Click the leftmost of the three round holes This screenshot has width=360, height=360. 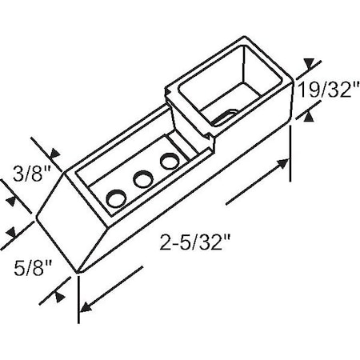(116, 197)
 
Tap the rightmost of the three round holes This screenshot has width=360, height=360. (169, 162)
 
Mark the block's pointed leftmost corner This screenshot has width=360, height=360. (37, 215)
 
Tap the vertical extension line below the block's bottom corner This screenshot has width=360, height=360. (78, 300)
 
